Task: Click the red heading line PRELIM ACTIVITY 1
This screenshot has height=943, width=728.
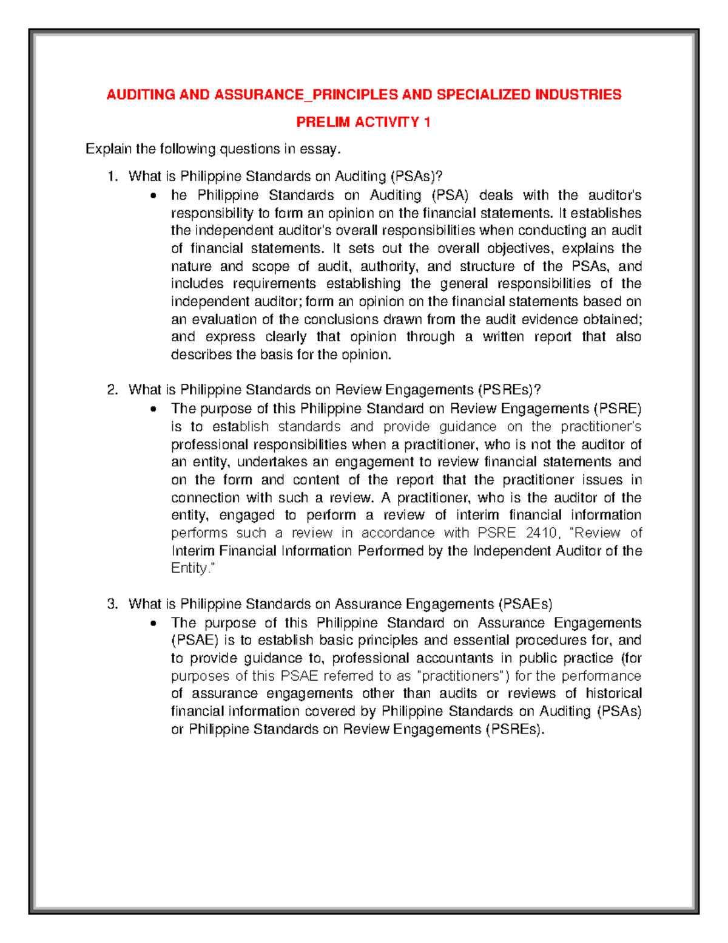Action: [x=363, y=122]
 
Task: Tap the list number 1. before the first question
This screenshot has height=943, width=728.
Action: [x=112, y=177]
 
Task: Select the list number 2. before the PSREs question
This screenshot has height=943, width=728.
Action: [x=112, y=390]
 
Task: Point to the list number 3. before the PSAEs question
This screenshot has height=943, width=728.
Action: [x=112, y=604]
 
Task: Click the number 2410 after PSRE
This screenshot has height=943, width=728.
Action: [x=541, y=533]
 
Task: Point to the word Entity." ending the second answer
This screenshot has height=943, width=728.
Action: [x=193, y=568]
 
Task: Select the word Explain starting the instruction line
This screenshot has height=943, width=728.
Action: [x=108, y=149]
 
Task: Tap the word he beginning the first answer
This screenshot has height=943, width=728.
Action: [x=179, y=196]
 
